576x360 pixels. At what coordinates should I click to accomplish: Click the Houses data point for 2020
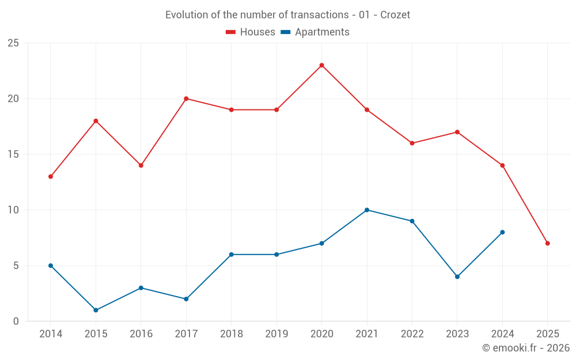(321, 65)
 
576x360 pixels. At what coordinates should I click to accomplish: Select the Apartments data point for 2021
(367, 210)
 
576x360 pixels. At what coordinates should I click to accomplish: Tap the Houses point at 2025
(547, 243)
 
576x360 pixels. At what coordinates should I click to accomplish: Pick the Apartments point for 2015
(96, 310)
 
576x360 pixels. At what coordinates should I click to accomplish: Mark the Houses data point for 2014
(51, 176)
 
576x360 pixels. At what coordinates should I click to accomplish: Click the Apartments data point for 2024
(502, 232)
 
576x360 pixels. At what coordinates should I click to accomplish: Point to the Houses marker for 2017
(186, 98)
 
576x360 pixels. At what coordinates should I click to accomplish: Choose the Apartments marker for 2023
(457, 276)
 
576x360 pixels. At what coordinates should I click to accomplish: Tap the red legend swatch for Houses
(231, 32)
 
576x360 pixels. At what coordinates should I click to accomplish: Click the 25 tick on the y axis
(13, 43)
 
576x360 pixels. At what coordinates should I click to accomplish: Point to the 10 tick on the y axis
(13, 210)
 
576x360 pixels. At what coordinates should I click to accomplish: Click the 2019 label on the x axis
(276, 334)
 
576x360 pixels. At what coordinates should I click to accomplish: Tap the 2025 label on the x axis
(547, 334)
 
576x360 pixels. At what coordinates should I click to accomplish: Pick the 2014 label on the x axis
(51, 334)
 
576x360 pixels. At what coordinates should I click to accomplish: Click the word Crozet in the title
(395, 15)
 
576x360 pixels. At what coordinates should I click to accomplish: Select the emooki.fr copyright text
(526, 348)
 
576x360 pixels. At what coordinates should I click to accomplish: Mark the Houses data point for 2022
(412, 143)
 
